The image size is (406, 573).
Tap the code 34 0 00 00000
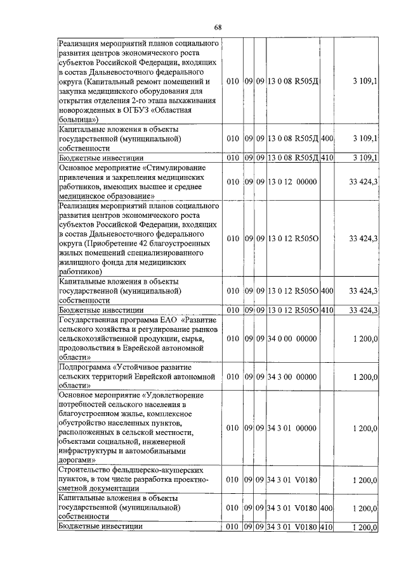[x=291, y=339]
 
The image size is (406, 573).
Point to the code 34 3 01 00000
[x=291, y=428]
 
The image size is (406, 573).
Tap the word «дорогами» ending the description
[x=77, y=461]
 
